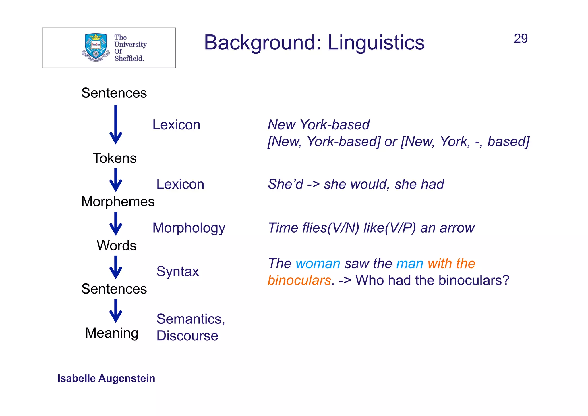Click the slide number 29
(x=521, y=39)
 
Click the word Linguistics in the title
(x=376, y=43)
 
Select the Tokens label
(x=115, y=158)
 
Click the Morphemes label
(x=118, y=202)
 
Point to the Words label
(x=117, y=246)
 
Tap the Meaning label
(x=112, y=333)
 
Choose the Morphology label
(x=189, y=228)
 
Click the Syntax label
(x=177, y=271)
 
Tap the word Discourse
(x=187, y=336)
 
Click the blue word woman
(x=318, y=264)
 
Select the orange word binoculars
(x=299, y=280)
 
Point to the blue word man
(x=410, y=264)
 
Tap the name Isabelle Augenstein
(x=106, y=378)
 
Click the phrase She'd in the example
(x=285, y=184)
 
